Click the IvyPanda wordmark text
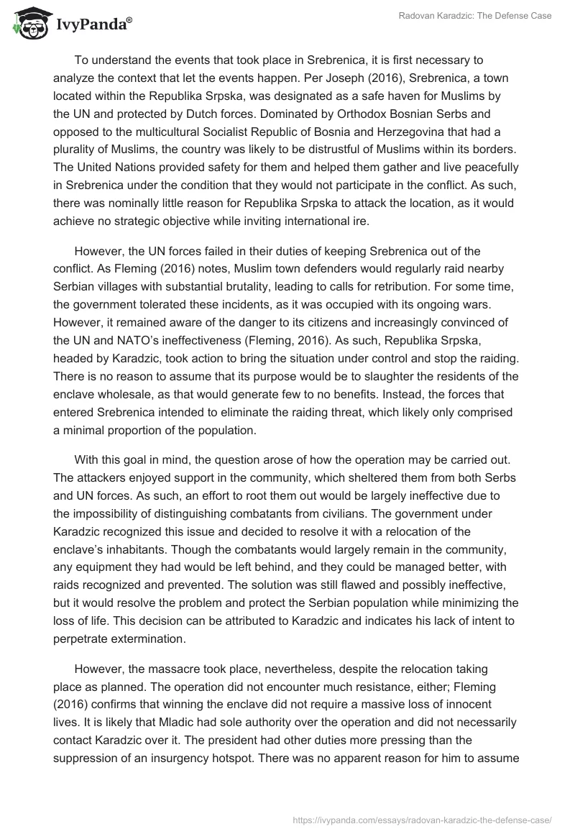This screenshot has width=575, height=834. coord(91,24)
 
